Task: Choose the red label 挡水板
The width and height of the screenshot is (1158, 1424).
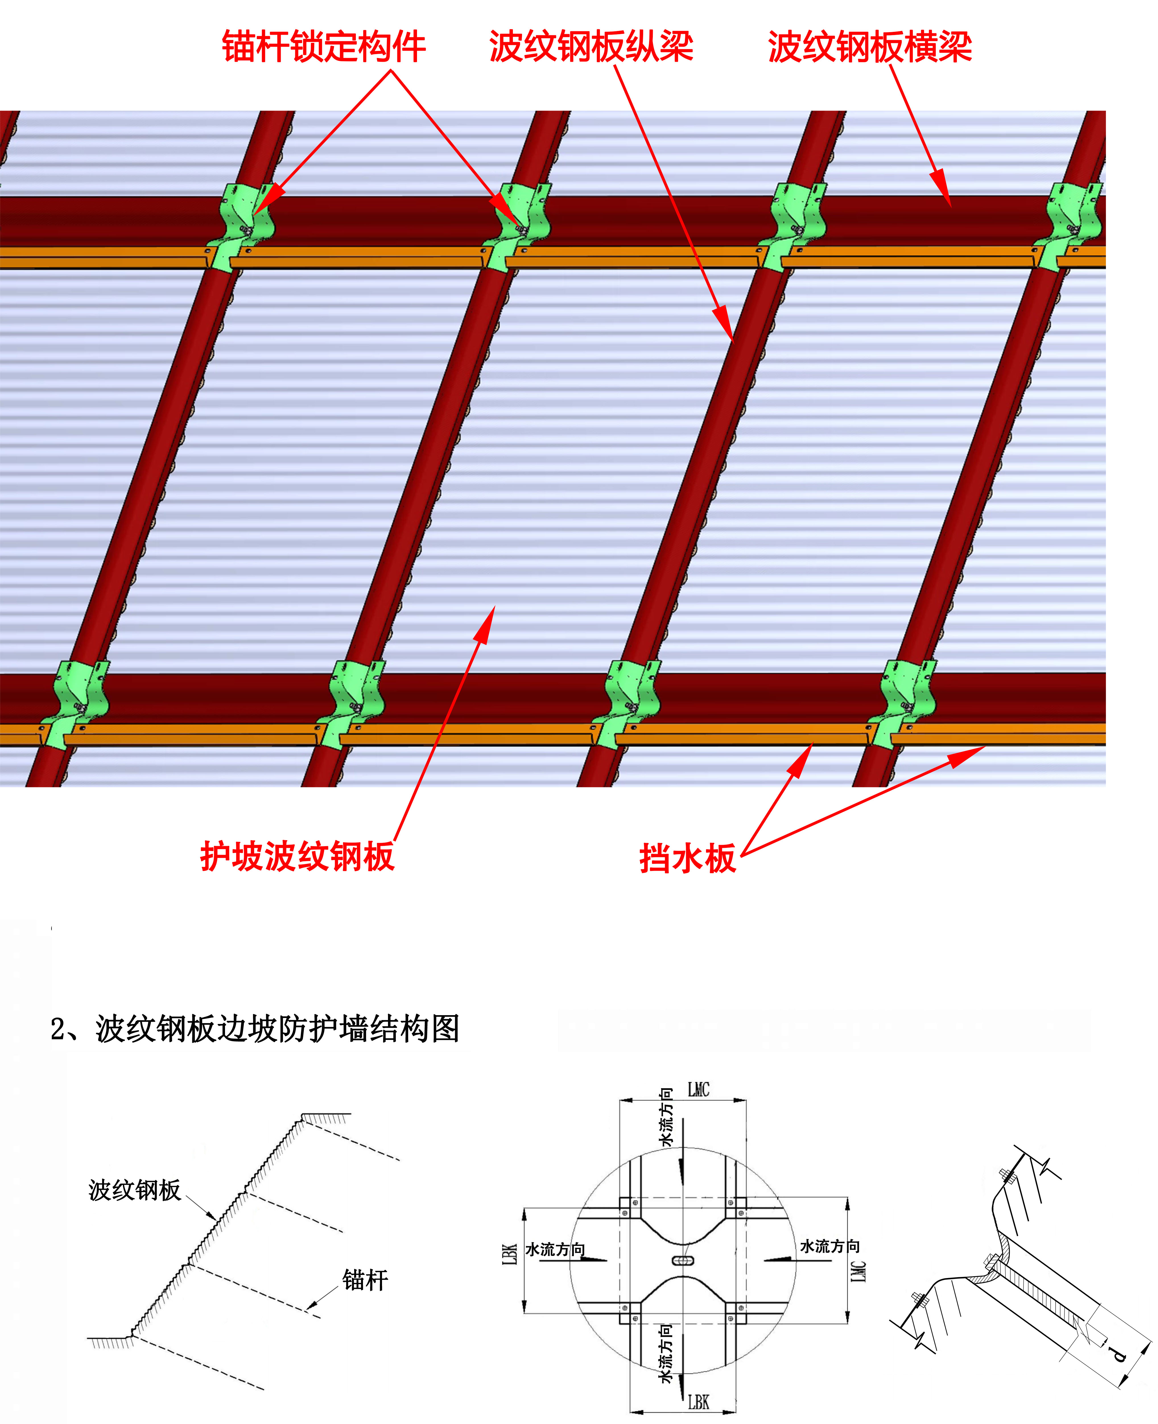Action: point(688,858)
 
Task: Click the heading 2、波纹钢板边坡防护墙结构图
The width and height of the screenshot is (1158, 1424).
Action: point(255,1028)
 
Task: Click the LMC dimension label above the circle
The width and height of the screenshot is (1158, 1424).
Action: point(698,1090)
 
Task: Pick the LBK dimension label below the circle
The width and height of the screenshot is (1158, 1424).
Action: point(698,1402)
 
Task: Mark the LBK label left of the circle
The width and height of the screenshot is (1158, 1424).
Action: point(510,1254)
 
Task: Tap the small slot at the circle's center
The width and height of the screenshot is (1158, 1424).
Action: point(683,1260)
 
